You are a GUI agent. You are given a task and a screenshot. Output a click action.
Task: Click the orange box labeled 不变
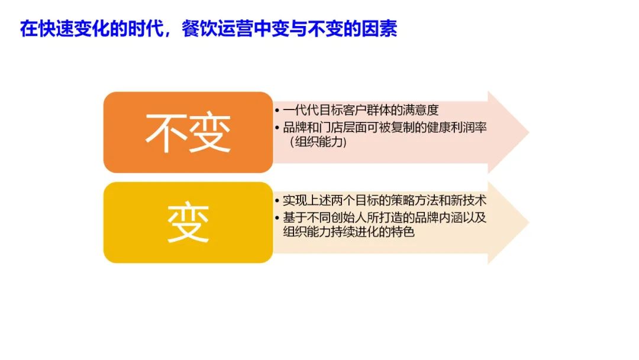click(188, 133)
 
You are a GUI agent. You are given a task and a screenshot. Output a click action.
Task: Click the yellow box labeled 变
click(188, 223)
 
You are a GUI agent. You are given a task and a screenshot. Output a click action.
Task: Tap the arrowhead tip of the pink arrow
click(529, 133)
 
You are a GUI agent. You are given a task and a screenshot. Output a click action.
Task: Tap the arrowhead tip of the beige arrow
click(529, 223)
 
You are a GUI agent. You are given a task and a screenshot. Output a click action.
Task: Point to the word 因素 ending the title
click(379, 29)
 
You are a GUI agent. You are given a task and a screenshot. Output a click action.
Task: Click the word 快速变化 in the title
click(74, 29)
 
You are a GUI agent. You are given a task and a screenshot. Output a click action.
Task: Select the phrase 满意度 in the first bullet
click(420, 110)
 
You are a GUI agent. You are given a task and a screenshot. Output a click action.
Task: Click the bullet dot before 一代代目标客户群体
click(277, 111)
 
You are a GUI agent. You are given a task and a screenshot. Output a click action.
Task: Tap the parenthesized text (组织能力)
click(318, 142)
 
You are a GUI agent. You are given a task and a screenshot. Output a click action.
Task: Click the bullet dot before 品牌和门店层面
click(277, 128)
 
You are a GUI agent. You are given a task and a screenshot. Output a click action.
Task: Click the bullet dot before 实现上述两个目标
click(277, 201)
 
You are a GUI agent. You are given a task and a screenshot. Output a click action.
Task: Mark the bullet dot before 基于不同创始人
click(277, 218)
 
